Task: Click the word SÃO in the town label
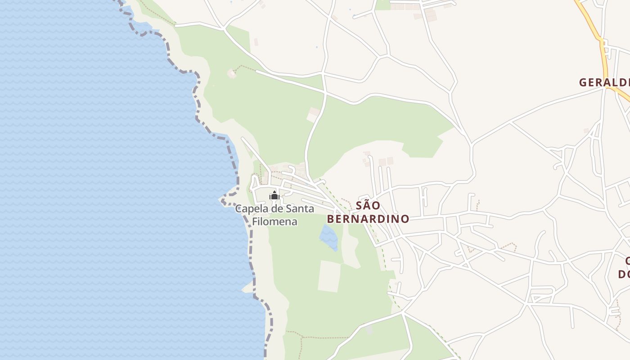368,206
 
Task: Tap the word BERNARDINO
368,219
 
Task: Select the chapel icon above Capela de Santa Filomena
274,196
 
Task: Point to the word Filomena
274,222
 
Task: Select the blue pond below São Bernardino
329,237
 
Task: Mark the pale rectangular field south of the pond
329,276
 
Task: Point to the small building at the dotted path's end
232,73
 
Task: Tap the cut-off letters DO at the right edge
624,274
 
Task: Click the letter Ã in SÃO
368,206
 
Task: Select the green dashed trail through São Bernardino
375,234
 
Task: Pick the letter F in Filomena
255,222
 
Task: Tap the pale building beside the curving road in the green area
313,115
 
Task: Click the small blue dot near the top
316,47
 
